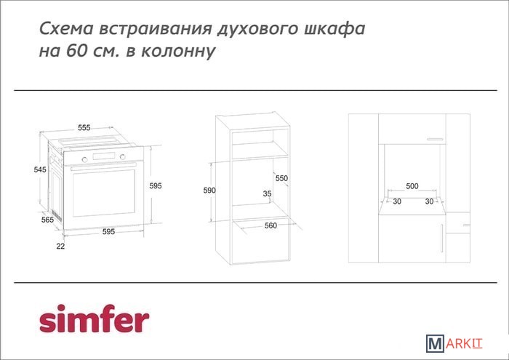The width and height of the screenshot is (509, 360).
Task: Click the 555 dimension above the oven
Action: [84, 127]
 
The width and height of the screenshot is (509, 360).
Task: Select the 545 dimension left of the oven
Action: [40, 169]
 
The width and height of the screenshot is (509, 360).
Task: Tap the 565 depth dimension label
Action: [47, 220]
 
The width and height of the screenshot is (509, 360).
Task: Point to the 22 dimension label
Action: [60, 247]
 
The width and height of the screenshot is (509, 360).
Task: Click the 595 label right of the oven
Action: [156, 185]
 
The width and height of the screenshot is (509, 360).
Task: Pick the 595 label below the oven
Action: [109, 231]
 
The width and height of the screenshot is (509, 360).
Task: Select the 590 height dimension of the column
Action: [209, 191]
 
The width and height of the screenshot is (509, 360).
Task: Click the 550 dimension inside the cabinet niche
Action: [281, 178]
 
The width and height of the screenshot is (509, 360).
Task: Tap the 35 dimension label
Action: [267, 193]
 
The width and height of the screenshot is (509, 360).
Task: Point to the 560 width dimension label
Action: [270, 225]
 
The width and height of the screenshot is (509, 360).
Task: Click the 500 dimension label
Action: [412, 186]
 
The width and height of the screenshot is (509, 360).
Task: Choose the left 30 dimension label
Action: [397, 201]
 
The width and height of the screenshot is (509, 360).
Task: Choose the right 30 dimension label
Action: [430, 201]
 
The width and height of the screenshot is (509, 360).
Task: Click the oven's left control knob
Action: [85, 159]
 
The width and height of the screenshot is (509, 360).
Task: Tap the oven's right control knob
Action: [122, 157]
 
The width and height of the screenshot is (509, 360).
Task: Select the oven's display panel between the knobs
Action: [103, 156]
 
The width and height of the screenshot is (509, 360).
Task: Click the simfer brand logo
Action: [94, 319]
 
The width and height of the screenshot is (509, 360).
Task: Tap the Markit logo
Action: [454, 343]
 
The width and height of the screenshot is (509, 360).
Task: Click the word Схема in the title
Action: [67, 28]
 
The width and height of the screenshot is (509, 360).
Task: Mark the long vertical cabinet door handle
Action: [442, 238]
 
